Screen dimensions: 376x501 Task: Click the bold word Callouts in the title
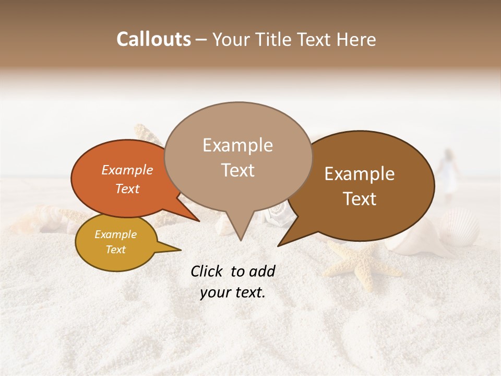click(153, 39)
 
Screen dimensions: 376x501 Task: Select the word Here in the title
click(355, 39)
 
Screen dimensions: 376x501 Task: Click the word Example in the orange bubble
click(127, 170)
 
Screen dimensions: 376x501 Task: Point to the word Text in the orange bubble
click(127, 189)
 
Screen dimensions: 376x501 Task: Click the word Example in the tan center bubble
click(237, 145)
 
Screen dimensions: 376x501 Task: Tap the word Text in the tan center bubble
click(237, 170)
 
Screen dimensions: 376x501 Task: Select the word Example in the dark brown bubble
click(360, 174)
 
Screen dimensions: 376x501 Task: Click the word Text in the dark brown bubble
click(360, 199)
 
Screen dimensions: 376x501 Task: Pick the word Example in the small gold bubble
click(115, 234)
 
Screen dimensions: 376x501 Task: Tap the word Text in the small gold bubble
click(115, 250)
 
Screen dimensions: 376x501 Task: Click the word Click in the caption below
click(207, 271)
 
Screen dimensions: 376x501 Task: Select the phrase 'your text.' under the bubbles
click(233, 292)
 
